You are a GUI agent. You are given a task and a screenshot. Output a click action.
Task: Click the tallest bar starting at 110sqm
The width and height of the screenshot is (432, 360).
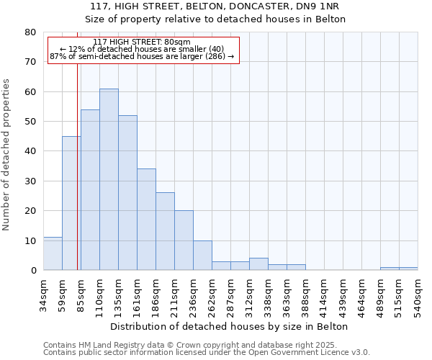pos(109,179)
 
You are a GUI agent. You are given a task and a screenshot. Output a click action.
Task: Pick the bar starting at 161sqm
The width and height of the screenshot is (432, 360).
pos(146,220)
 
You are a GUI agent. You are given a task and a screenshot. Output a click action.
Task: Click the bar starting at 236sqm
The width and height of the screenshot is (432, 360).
pos(202,256)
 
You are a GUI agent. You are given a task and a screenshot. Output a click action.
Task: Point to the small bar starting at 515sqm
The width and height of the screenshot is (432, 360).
pos(408,269)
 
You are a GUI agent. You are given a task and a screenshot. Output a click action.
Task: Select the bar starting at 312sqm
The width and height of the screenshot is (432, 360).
pos(258,264)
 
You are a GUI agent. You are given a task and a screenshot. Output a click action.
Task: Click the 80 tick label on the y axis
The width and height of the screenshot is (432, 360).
pos(30,32)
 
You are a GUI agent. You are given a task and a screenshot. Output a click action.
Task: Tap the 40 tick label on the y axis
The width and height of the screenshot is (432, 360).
pos(30,151)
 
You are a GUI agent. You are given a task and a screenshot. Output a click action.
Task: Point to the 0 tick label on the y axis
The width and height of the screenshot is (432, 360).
pos(32,271)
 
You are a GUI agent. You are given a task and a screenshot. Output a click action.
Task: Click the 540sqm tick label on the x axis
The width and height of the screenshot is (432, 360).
pos(418,295)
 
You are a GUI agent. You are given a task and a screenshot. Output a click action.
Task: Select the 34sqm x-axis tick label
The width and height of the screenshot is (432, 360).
pos(44,293)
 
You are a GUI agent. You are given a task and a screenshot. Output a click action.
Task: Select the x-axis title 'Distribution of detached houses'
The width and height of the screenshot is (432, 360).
pos(230,326)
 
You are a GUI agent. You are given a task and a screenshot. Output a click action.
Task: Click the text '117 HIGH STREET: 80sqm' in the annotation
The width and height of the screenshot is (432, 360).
pos(143,42)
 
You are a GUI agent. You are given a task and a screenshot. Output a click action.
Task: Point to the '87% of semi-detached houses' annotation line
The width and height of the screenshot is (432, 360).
pos(143,56)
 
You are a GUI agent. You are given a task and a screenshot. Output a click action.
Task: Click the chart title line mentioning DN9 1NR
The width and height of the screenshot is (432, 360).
pos(216,6)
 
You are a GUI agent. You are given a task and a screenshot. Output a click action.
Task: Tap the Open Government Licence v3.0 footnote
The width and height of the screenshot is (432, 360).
pos(207,353)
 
